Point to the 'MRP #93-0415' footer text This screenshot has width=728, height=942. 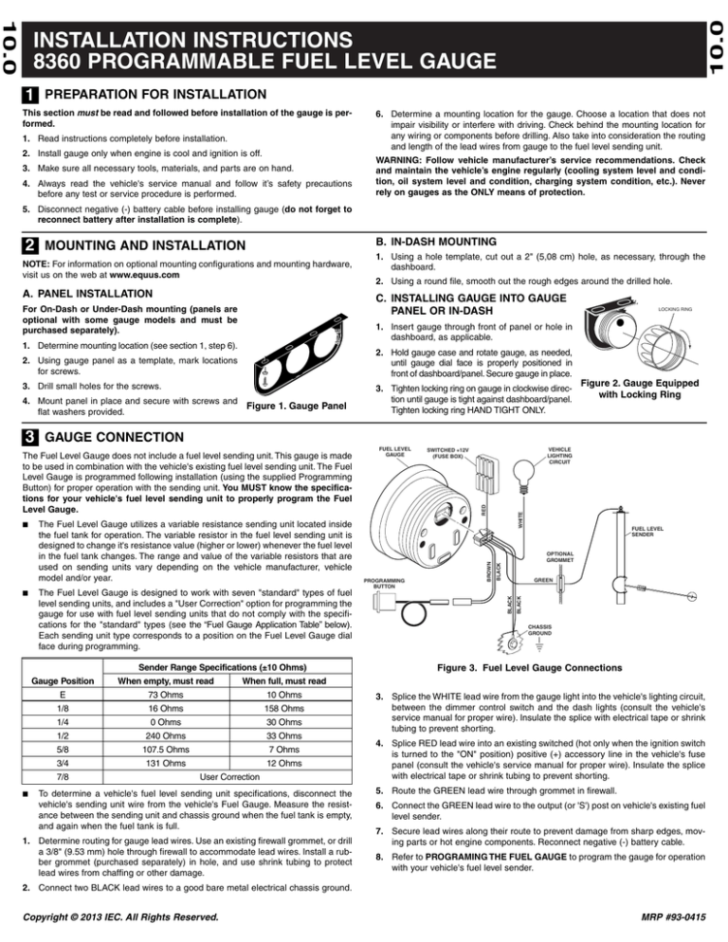coord(671,919)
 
